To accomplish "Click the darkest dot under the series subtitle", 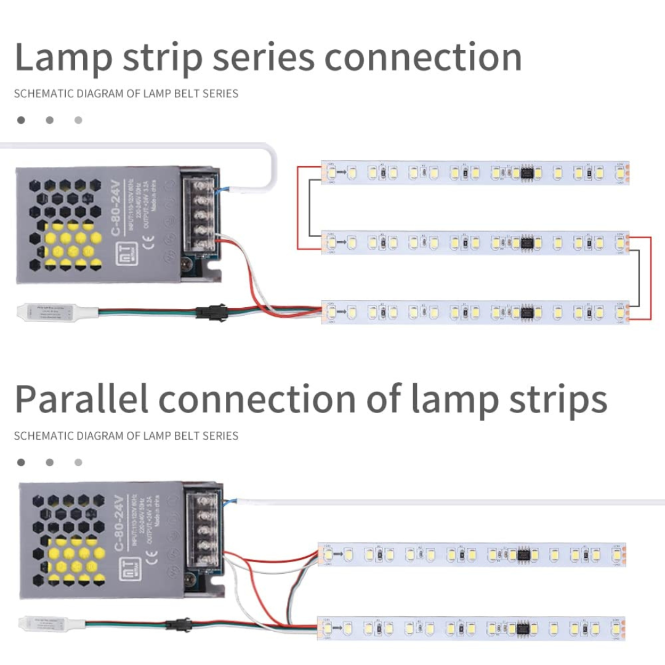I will (22, 120).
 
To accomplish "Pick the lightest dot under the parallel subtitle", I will (78, 462).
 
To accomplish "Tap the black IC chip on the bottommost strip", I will (523, 629).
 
